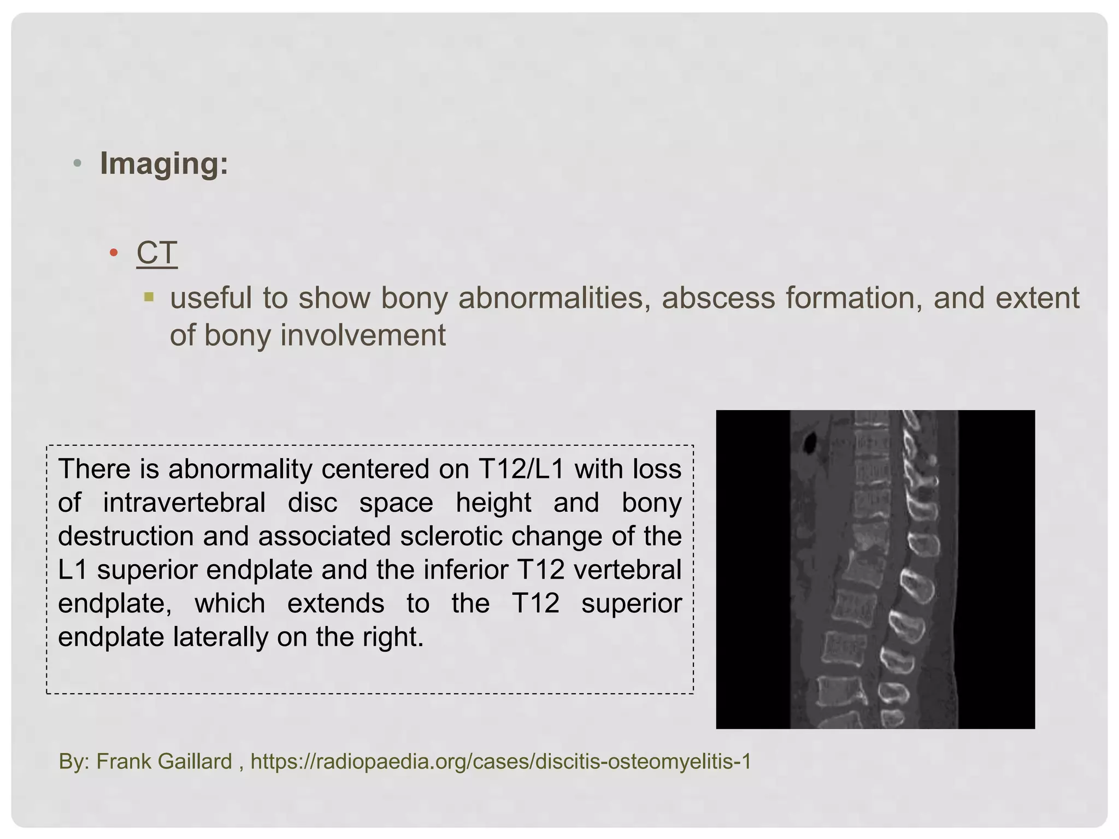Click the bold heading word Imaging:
[x=164, y=163]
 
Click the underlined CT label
[x=157, y=253]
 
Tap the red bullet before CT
[x=114, y=252]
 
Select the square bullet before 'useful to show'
[x=149, y=298]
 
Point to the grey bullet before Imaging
[x=78, y=163]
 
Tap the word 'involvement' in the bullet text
[x=363, y=335]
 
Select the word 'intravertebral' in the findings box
[x=184, y=503]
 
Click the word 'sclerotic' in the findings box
[x=450, y=536]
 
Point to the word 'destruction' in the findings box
[x=126, y=536]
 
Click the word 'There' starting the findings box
[x=94, y=469]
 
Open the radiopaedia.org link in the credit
[x=500, y=761]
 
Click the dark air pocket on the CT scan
[x=809, y=441]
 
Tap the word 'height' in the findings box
[x=493, y=503]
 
